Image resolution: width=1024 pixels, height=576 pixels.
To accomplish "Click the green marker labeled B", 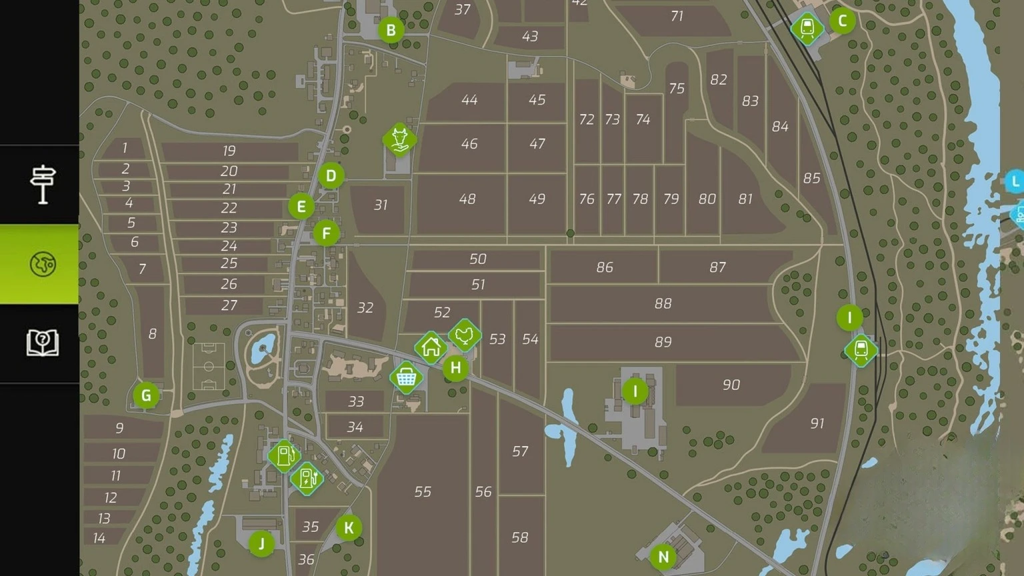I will [x=391, y=30].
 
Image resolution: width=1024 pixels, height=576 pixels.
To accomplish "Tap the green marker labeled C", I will [x=842, y=21].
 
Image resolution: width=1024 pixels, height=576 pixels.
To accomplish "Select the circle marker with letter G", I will [x=146, y=395].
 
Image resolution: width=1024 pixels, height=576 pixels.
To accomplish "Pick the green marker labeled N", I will [x=663, y=557].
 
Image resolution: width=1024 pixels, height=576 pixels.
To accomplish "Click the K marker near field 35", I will [x=348, y=528].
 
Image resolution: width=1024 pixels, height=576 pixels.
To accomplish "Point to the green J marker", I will [x=261, y=543].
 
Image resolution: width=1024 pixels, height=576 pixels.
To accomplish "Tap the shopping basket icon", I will [x=406, y=378].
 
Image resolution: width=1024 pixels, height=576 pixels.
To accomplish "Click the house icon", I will [x=431, y=347].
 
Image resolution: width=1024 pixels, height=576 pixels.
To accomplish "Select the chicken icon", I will [x=465, y=335].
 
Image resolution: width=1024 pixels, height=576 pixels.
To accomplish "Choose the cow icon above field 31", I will [x=399, y=139].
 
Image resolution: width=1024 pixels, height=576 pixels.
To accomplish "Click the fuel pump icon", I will [x=285, y=456].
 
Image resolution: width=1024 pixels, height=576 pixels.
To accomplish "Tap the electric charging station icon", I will [x=307, y=479].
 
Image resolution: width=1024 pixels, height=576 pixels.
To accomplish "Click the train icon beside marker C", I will [x=807, y=29].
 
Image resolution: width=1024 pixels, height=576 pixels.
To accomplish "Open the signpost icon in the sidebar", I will [x=42, y=184].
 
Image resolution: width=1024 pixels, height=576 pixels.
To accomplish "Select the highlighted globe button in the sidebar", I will [x=42, y=264].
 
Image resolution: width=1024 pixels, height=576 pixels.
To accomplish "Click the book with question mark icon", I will [x=42, y=343].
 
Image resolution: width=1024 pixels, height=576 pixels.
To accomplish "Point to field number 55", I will [x=423, y=492].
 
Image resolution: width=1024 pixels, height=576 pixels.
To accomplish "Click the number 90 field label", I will [x=731, y=385].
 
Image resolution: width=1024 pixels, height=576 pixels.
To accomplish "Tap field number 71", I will [x=677, y=16].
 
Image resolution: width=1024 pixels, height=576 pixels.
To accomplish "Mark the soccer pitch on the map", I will [x=209, y=366].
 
